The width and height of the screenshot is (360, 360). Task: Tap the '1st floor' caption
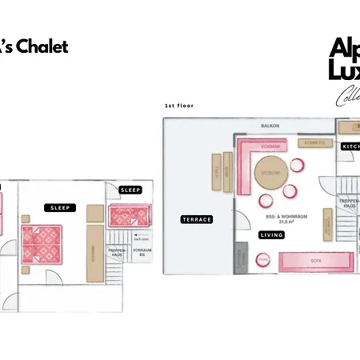(179, 105)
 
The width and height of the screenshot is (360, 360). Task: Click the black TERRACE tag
(196, 219)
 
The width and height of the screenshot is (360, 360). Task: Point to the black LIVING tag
(272, 234)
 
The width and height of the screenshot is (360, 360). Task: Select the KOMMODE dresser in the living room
(314, 143)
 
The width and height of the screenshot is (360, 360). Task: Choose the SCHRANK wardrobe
(94, 253)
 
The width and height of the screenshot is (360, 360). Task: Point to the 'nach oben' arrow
(141, 238)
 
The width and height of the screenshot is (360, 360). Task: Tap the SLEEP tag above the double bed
(60, 207)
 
